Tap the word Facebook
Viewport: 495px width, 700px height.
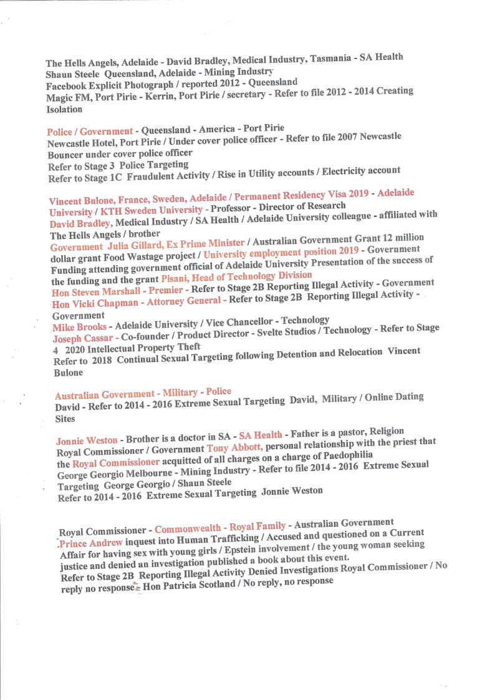(x=67, y=86)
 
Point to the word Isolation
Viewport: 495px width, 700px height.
(x=64, y=109)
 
